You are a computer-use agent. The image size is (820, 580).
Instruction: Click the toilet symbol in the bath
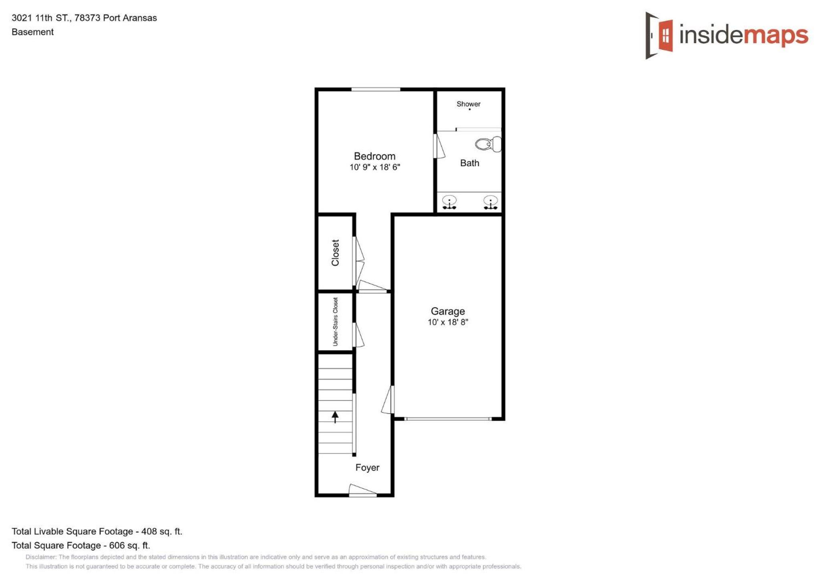pos(488,144)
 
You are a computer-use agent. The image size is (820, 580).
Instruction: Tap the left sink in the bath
pos(449,202)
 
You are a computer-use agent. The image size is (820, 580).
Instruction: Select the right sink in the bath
pos(490,202)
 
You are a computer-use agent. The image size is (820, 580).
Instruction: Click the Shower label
pos(468,104)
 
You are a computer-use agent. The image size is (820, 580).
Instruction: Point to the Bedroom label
pos(375,156)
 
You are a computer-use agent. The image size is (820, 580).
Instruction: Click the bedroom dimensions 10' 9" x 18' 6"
pos(375,167)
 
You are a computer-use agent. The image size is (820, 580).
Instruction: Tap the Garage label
pos(448,311)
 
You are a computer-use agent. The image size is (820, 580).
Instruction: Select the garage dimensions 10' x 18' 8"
pos(448,322)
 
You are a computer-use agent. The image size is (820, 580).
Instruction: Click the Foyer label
pos(367,467)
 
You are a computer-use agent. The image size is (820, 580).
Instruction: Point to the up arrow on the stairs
pos(335,417)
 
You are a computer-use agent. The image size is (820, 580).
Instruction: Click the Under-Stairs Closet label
pos(335,322)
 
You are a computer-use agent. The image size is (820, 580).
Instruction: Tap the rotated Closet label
pos(335,253)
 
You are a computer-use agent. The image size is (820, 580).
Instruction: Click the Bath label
pos(469,163)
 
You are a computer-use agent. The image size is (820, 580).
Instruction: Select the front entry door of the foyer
pos(363,491)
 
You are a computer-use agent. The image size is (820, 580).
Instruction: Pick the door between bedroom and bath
pos(439,146)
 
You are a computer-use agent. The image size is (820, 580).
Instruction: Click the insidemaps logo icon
pos(659,35)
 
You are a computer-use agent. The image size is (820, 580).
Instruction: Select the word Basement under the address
pos(32,32)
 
